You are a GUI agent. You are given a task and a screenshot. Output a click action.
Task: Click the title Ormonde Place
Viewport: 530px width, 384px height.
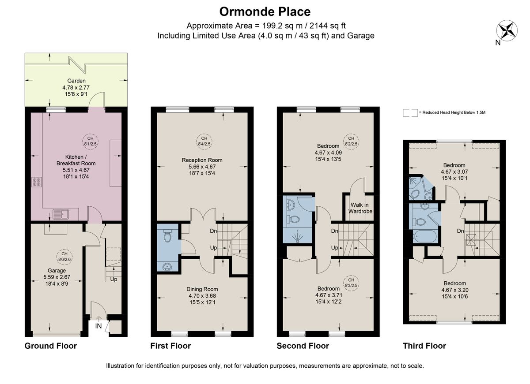coord(265,11)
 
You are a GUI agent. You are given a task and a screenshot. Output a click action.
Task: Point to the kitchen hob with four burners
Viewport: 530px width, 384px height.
coord(37,182)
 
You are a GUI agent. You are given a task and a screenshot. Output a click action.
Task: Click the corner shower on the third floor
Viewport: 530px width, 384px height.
coord(416,188)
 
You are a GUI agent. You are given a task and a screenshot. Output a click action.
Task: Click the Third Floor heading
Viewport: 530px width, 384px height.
coord(424,346)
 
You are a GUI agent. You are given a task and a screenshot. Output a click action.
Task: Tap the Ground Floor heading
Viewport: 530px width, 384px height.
coord(50,346)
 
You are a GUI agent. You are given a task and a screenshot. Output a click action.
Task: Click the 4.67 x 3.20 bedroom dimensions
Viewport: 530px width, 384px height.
coord(454,290)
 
